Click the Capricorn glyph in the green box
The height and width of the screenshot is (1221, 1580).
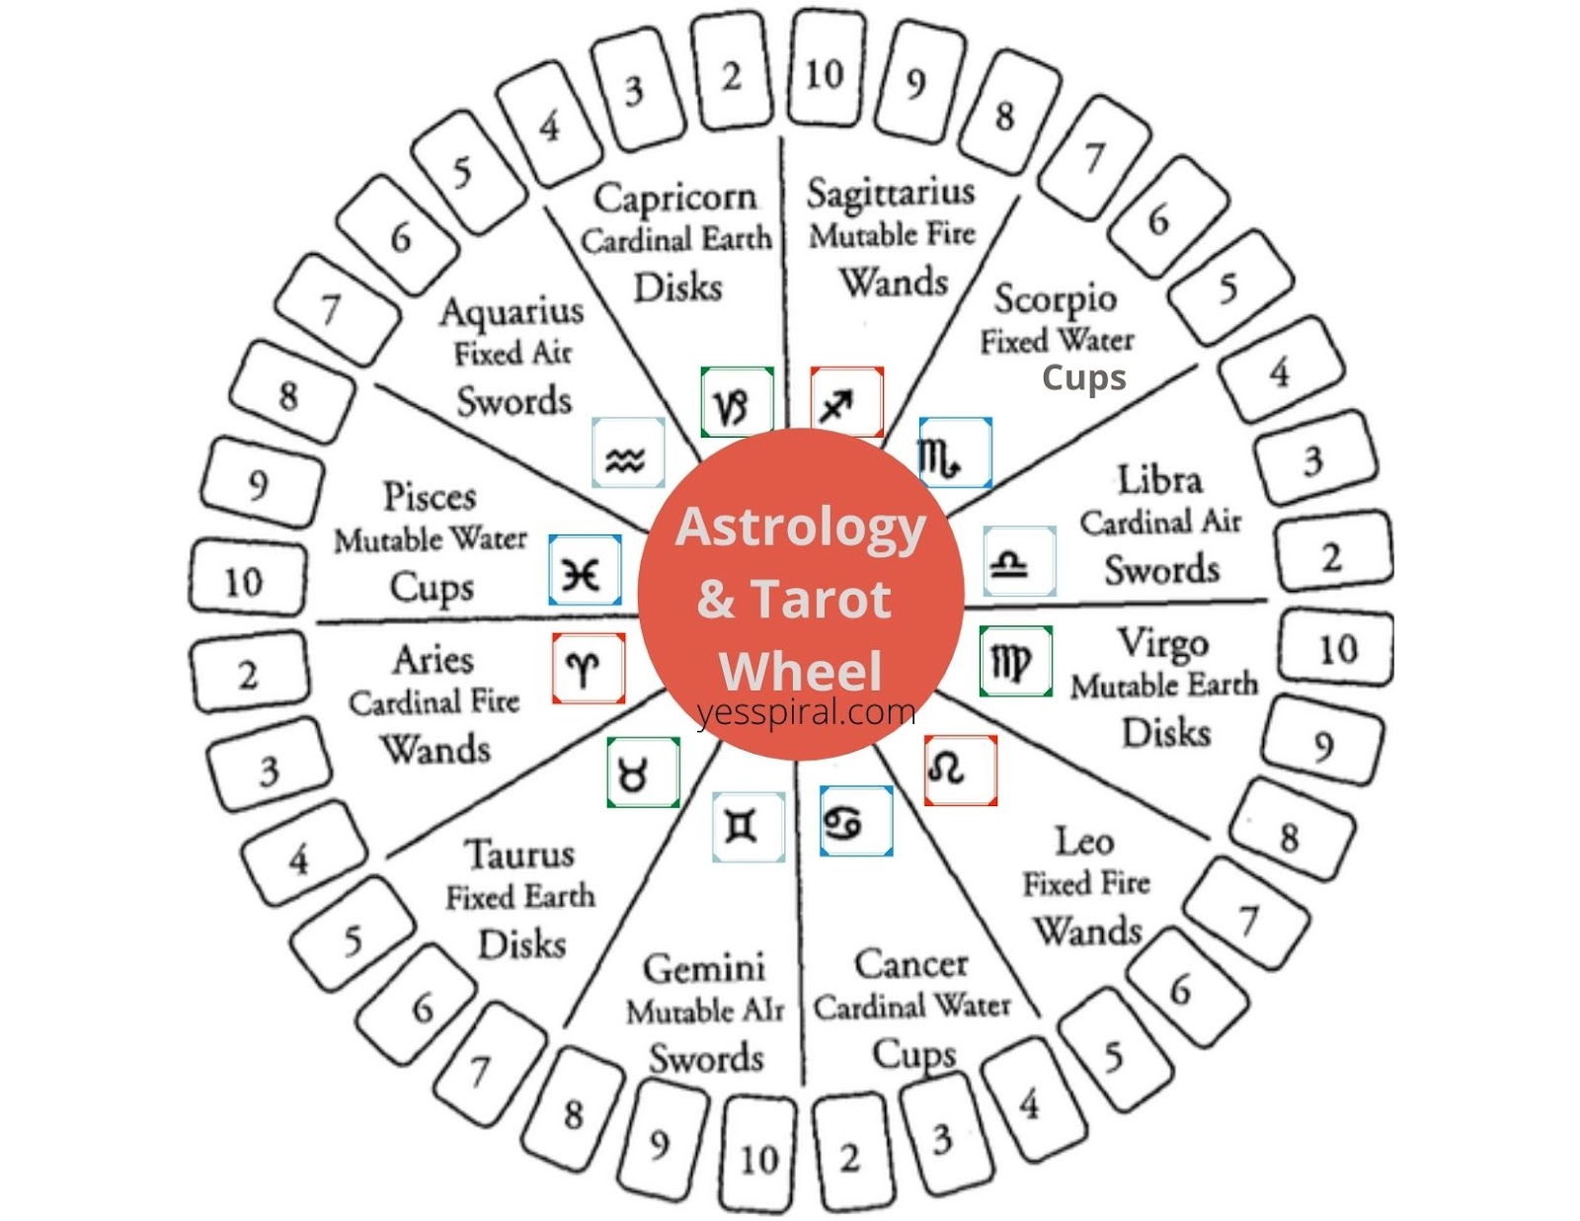click(736, 403)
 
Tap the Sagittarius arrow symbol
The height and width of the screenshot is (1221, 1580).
click(846, 401)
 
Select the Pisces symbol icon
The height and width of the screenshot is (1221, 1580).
click(585, 570)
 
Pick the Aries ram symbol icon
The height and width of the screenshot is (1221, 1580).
click(588, 668)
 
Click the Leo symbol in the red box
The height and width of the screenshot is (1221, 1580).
click(960, 770)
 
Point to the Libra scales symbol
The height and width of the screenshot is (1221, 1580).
click(1019, 561)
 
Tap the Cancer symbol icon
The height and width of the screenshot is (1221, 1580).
click(855, 821)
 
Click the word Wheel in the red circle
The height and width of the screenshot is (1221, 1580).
click(800, 672)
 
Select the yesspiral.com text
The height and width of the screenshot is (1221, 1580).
click(806, 711)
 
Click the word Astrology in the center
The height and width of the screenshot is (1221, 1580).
click(800, 527)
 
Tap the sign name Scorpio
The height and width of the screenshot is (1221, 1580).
click(1055, 298)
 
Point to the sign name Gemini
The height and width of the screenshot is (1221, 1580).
click(703, 968)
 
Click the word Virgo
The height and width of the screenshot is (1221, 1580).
click(1162, 644)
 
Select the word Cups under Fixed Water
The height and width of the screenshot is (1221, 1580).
click(1083, 377)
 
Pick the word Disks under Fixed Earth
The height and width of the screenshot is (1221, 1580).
click(521, 944)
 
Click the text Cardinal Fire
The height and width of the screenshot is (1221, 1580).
click(434, 702)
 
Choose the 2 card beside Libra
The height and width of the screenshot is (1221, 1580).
click(1331, 558)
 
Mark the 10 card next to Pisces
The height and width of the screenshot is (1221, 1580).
click(243, 583)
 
